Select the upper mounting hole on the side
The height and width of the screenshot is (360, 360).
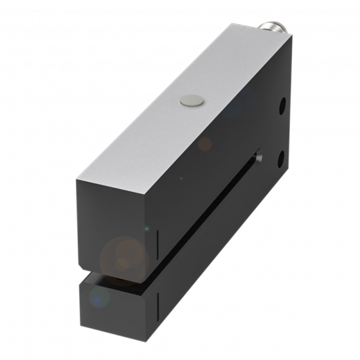coord(283,105)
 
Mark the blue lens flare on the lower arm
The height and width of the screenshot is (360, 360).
coord(99,298)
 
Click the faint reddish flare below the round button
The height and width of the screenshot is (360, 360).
coord(205,143)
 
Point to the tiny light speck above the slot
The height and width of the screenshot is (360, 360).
coord(181,178)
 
